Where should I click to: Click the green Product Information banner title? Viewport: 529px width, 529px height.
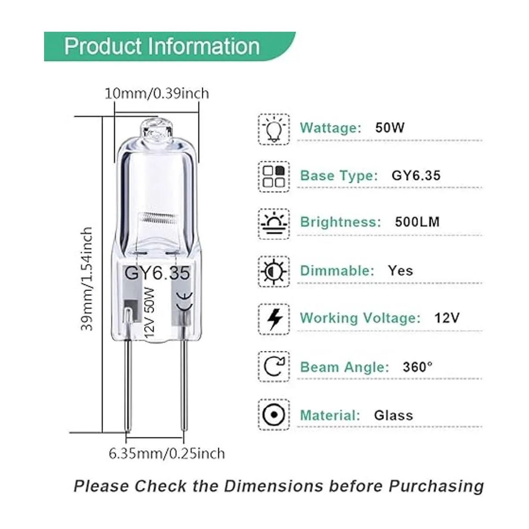tap(162, 46)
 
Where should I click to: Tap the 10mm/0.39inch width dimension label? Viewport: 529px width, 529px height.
tap(157, 93)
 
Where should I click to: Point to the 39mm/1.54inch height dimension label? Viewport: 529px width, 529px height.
tap(87, 279)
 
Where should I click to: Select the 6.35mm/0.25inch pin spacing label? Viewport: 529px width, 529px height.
tap(167, 454)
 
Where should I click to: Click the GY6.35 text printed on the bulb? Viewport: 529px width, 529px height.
tap(157, 273)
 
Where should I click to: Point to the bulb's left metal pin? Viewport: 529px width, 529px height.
tap(128, 385)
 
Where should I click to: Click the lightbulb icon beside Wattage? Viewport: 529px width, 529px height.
tap(274, 129)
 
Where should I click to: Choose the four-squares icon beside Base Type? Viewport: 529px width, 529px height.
tap(273, 176)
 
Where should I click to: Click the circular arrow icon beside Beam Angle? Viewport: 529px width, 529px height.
tap(274, 367)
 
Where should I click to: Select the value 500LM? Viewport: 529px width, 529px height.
tap(417, 222)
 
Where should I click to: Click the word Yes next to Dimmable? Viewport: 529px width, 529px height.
tap(401, 271)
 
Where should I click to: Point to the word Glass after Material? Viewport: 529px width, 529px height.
tap(393, 415)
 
